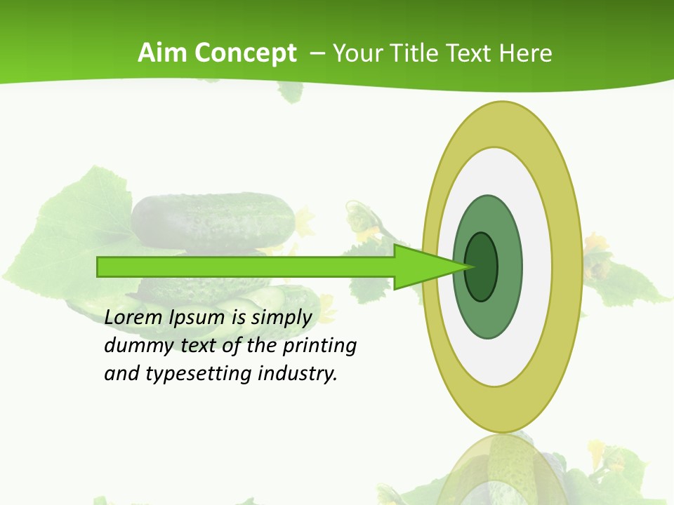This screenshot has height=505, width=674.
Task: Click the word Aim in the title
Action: pos(164,53)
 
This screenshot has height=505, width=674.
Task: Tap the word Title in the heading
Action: pos(415,53)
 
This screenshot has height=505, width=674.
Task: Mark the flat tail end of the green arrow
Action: pos(99,267)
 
